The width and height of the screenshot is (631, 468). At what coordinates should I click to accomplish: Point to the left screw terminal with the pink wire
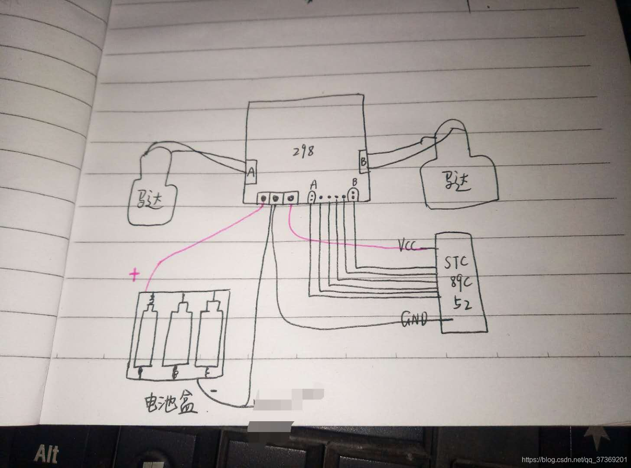263,199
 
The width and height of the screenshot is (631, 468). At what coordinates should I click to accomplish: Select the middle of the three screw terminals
276,199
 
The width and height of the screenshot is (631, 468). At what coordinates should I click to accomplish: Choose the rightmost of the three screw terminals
290,198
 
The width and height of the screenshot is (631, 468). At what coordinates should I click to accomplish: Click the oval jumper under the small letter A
312,197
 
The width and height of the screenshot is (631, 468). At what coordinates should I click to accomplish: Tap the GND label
414,319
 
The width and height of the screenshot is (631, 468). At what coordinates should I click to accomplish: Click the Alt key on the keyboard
46,454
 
